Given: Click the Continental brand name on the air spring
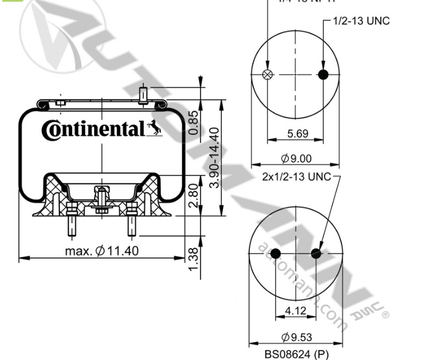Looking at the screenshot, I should click(93, 130).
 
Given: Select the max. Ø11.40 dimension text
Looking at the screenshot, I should click(101, 250).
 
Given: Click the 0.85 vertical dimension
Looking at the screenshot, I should click(194, 122).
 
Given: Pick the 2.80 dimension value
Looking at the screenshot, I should click(194, 195).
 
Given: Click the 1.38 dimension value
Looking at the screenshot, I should click(194, 258).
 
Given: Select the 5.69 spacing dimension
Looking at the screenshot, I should click(297, 134).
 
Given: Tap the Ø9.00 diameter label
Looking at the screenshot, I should click(297, 158).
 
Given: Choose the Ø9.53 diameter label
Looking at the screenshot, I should click(297, 338).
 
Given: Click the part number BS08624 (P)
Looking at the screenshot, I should click(297, 354).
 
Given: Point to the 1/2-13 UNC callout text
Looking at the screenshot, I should click(361, 21).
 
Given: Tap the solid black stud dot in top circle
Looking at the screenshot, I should click(324, 75).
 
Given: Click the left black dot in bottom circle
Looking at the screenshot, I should click(276, 254).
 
